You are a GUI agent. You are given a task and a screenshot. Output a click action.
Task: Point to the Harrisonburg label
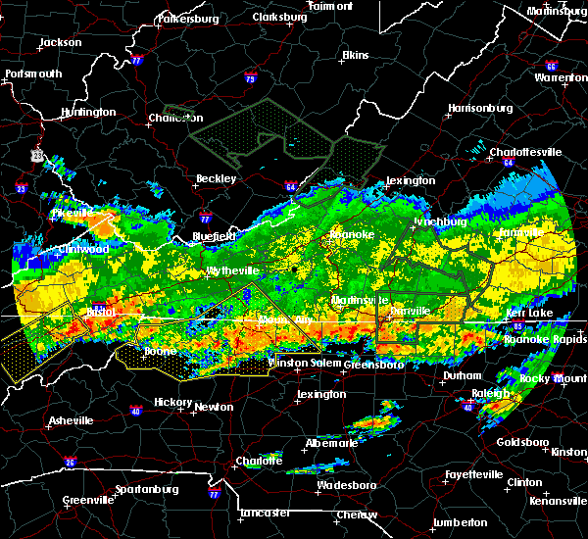[480, 107]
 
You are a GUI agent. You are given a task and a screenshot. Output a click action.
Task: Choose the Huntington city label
[87, 112]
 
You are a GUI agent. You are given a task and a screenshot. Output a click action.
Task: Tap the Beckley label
[216, 178]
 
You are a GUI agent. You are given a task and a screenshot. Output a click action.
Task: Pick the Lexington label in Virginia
[410, 180]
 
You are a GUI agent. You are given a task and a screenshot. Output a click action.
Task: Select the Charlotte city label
[259, 461]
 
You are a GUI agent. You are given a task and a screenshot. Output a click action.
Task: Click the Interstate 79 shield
[251, 77]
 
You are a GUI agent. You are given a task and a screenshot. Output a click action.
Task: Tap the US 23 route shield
[37, 155]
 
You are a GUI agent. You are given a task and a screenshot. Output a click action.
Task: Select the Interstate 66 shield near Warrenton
[551, 67]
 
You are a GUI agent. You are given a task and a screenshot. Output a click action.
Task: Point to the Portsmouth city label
[33, 73]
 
